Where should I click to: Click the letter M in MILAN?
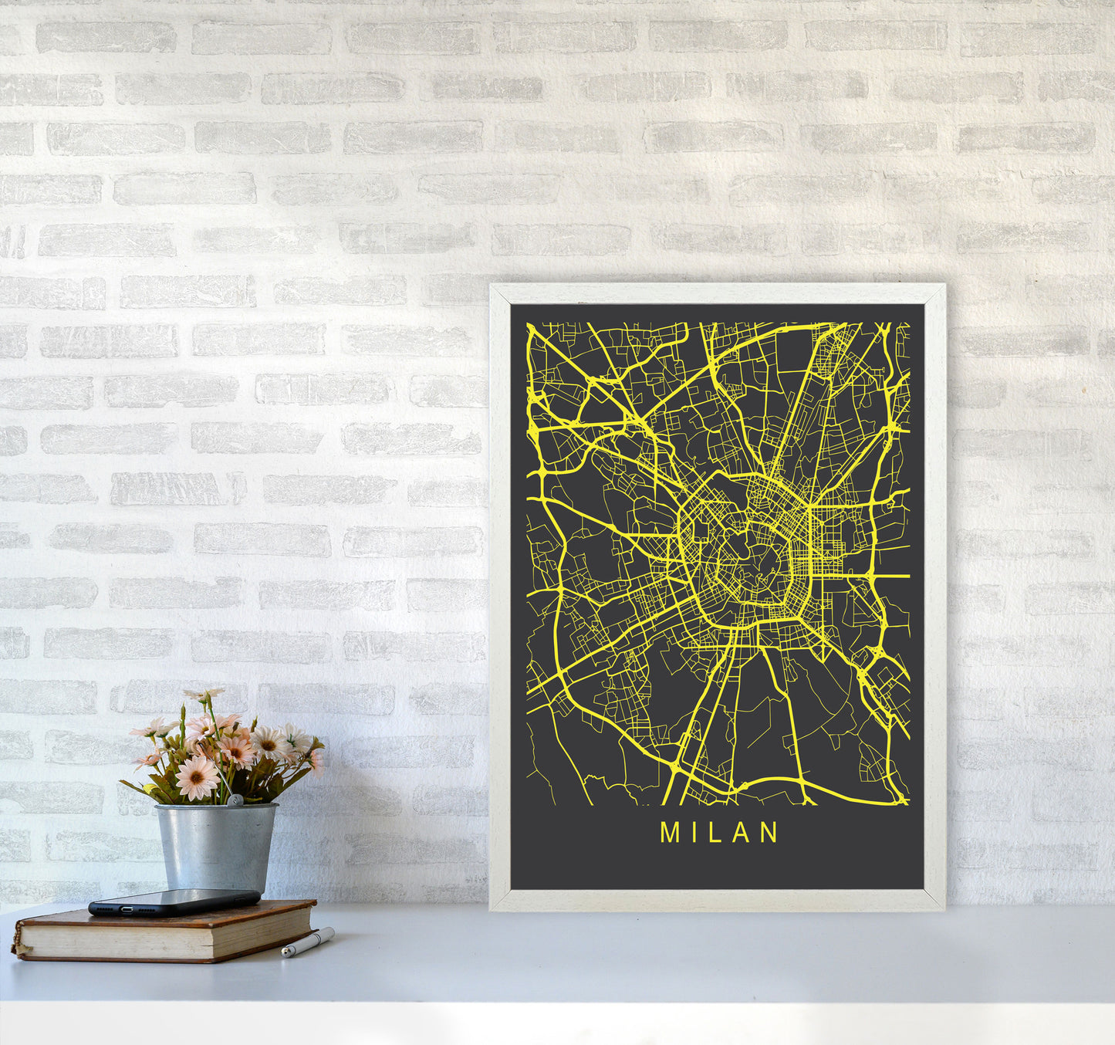[x=669, y=832]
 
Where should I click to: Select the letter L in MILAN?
[x=717, y=832]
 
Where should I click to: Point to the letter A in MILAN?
[x=742, y=832]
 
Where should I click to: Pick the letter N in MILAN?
[x=769, y=832]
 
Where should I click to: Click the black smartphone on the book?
[x=174, y=901]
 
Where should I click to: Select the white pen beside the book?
[x=308, y=942]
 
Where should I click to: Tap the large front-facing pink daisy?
[x=197, y=777]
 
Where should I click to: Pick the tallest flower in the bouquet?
[x=202, y=695]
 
